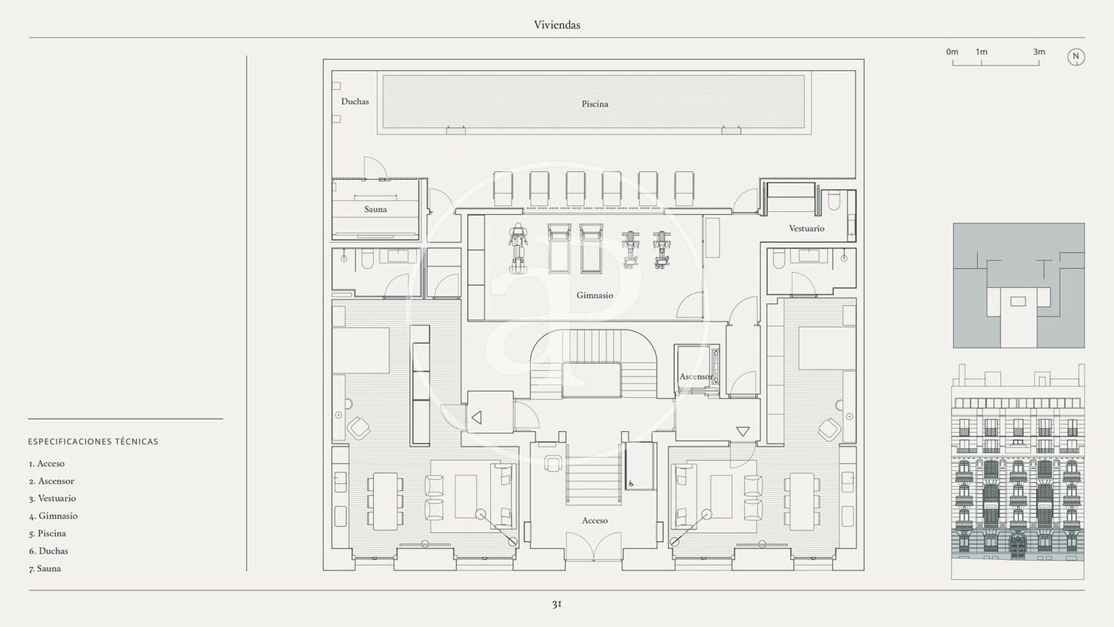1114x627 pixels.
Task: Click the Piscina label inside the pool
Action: pyautogui.click(x=595, y=104)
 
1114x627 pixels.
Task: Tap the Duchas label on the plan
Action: pyautogui.click(x=355, y=101)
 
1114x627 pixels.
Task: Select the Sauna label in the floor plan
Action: pyautogui.click(x=376, y=209)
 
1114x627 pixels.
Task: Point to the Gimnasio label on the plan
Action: pyautogui.click(x=595, y=295)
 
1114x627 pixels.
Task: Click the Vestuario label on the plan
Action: pyautogui.click(x=807, y=228)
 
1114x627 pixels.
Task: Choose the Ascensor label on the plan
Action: pyautogui.click(x=696, y=377)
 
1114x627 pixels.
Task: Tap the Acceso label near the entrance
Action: pyautogui.click(x=595, y=520)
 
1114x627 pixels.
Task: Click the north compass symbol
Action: pyautogui.click(x=1076, y=57)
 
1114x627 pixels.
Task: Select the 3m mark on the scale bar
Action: pyautogui.click(x=1039, y=52)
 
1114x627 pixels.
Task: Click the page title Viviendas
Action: pyautogui.click(x=557, y=25)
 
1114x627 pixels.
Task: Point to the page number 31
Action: pyautogui.click(x=557, y=604)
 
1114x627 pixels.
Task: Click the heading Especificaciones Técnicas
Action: pyautogui.click(x=93, y=442)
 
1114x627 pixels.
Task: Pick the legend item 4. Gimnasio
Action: pyautogui.click(x=53, y=516)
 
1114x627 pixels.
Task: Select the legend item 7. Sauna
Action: pyautogui.click(x=45, y=569)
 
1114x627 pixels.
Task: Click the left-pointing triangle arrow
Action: pyautogui.click(x=477, y=418)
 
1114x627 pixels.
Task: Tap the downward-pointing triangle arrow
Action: pyautogui.click(x=743, y=431)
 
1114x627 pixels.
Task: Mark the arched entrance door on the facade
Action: pyautogui.click(x=1017, y=546)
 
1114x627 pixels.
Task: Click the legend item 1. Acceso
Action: pyautogui.click(x=47, y=464)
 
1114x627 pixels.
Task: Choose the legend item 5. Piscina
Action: pyautogui.click(x=47, y=534)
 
